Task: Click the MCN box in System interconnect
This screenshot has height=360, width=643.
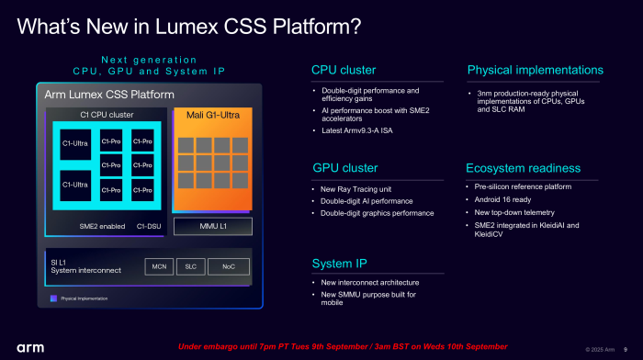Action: (158, 266)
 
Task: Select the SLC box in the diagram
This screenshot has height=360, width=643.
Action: (190, 266)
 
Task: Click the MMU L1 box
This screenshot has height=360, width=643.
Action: (212, 226)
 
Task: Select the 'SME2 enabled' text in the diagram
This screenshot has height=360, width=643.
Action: (101, 226)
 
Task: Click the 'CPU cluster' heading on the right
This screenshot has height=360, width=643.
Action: (344, 70)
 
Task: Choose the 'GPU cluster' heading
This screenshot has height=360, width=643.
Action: (344, 168)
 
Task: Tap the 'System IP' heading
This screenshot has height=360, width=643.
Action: (341, 264)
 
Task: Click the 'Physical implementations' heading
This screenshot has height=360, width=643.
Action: (535, 70)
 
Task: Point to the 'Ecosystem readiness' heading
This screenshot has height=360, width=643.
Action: (523, 168)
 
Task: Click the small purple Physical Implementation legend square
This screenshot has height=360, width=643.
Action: (53, 298)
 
